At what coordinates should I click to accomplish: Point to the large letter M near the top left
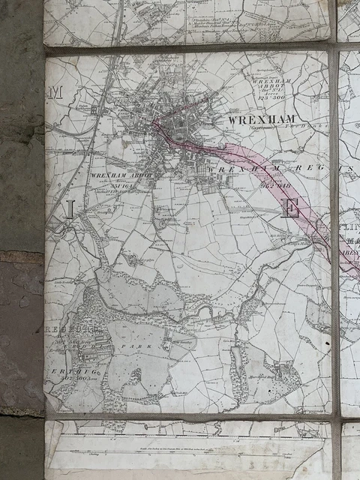(54, 93)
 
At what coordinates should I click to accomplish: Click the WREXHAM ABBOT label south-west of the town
(120, 175)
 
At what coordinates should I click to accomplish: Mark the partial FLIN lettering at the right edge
(349, 226)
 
